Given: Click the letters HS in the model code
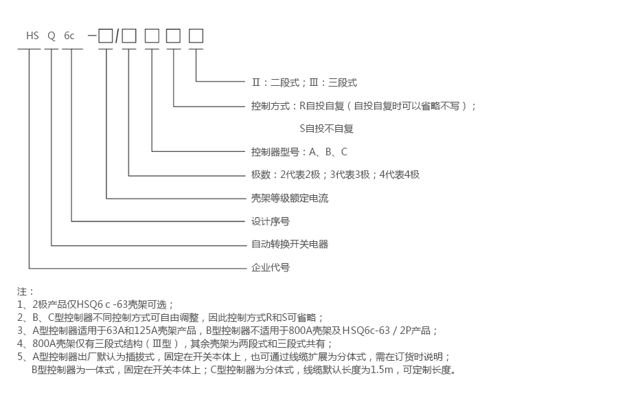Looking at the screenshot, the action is (33, 36).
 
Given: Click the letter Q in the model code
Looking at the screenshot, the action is (51, 36).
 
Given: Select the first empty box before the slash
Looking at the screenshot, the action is (106, 36).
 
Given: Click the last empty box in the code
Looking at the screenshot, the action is (196, 36).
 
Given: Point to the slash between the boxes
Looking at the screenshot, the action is (117, 36).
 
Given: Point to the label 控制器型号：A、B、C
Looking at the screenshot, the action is (299, 152).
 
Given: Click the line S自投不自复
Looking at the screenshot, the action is (326, 129).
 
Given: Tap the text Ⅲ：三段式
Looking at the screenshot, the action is (334, 82).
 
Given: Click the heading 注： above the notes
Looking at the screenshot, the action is (25, 291).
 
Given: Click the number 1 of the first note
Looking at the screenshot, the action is (20, 304).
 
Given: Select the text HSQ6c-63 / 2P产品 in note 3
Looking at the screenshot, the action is (389, 331).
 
